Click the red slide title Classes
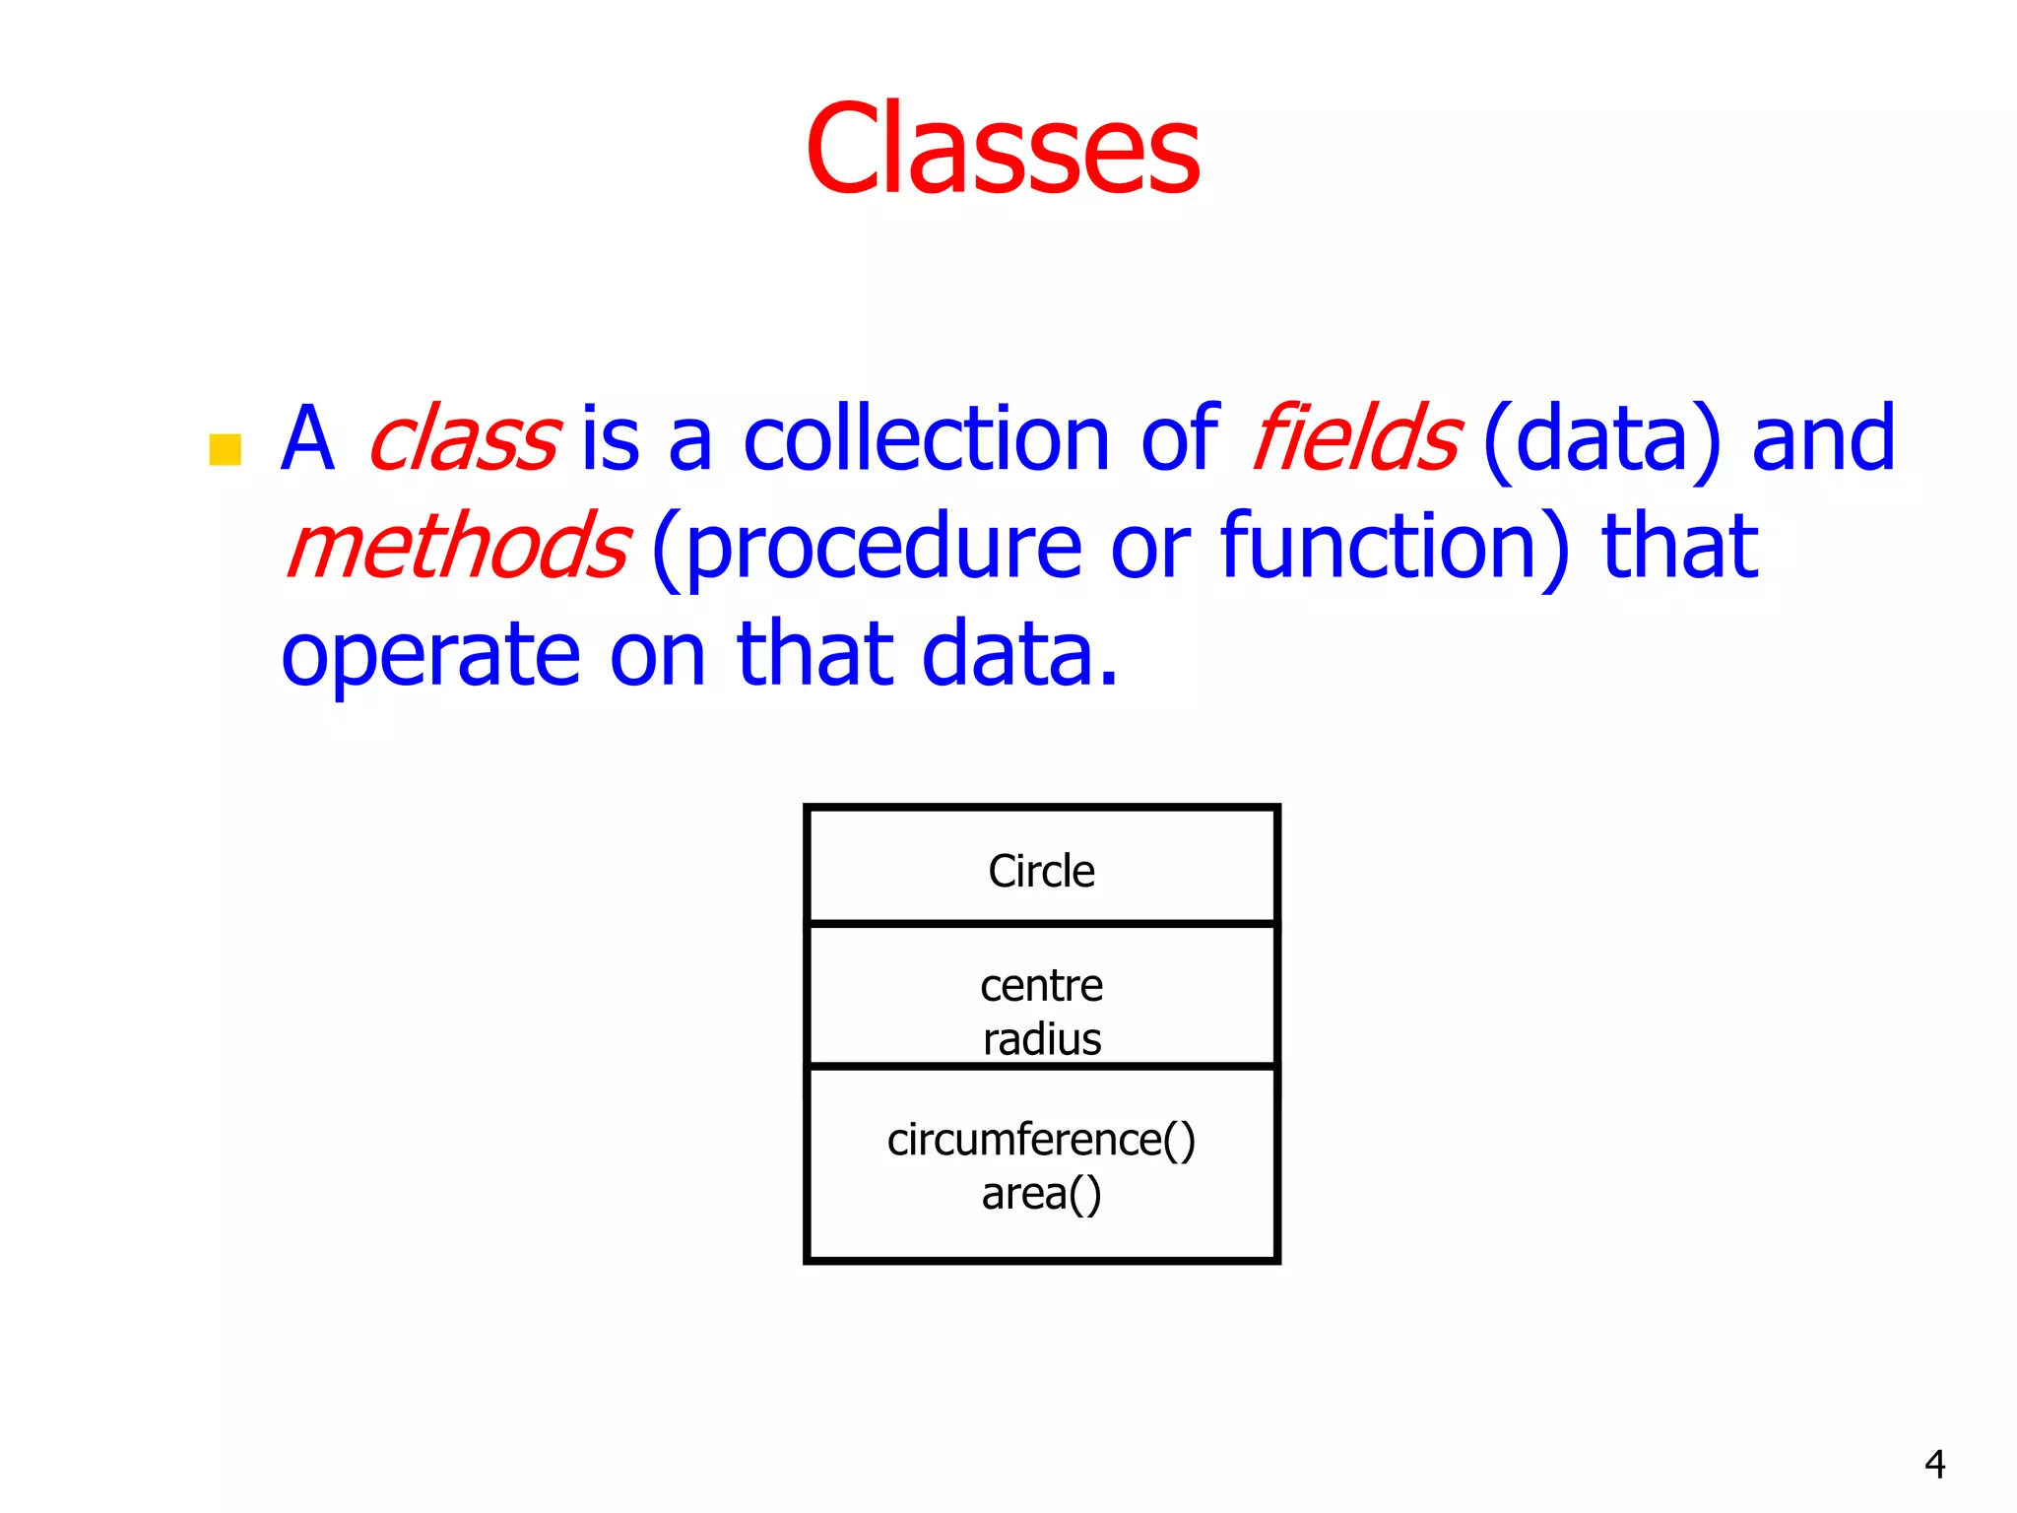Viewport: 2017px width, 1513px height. [1003, 150]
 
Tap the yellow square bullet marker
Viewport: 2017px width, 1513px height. [226, 449]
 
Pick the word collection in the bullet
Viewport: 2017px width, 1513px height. [927, 439]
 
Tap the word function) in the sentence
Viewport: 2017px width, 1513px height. [1395, 548]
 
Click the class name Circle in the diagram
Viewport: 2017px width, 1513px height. [1041, 871]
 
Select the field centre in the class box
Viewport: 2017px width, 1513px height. [1041, 986]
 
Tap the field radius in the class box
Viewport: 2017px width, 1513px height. [1041, 1040]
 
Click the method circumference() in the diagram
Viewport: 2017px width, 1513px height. [1041, 1141]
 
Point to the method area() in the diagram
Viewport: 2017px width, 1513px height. [1041, 1195]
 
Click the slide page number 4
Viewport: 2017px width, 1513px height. [1934, 1465]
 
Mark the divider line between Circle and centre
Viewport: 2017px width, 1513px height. [1041, 924]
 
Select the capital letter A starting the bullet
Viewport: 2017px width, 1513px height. [307, 439]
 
